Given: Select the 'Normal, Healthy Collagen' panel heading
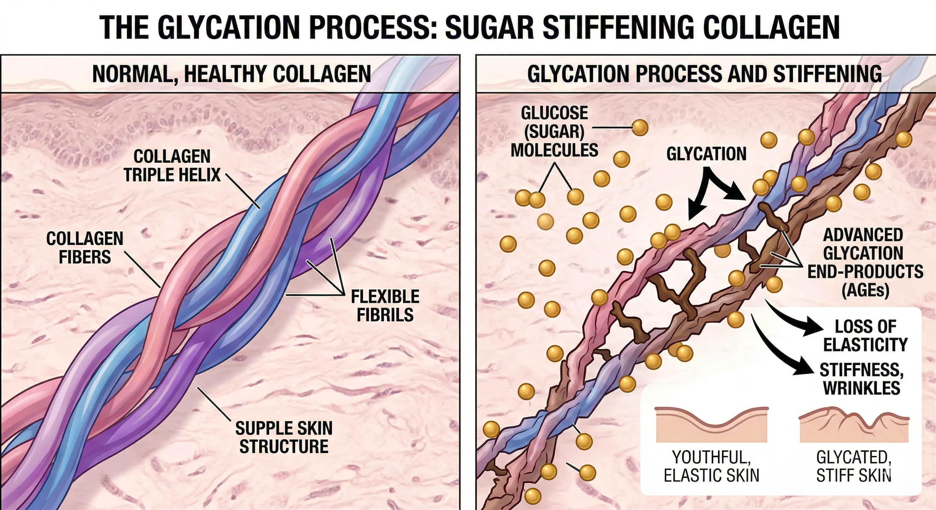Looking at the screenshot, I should pyautogui.click(x=231, y=74).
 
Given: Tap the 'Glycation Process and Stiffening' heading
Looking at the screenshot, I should pyautogui.click(x=704, y=74).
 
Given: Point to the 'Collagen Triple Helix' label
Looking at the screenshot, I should pyautogui.click(x=172, y=166).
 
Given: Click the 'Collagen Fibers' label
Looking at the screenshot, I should pyautogui.click(x=85, y=248).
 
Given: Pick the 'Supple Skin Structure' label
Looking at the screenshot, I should pyautogui.click(x=284, y=437).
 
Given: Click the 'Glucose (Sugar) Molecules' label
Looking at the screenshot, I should pyautogui.click(x=554, y=131).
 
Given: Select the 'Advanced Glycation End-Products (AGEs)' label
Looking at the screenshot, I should pyautogui.click(x=865, y=262).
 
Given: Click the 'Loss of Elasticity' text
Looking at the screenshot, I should pyautogui.click(x=865, y=335).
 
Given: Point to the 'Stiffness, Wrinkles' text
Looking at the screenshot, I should pyautogui.click(x=862, y=379).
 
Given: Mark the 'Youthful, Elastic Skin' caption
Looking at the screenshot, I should pyautogui.click(x=711, y=466).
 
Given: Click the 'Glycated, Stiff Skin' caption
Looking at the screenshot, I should pyautogui.click(x=853, y=466).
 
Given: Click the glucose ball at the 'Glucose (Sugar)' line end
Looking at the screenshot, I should pyautogui.click(x=640, y=127).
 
